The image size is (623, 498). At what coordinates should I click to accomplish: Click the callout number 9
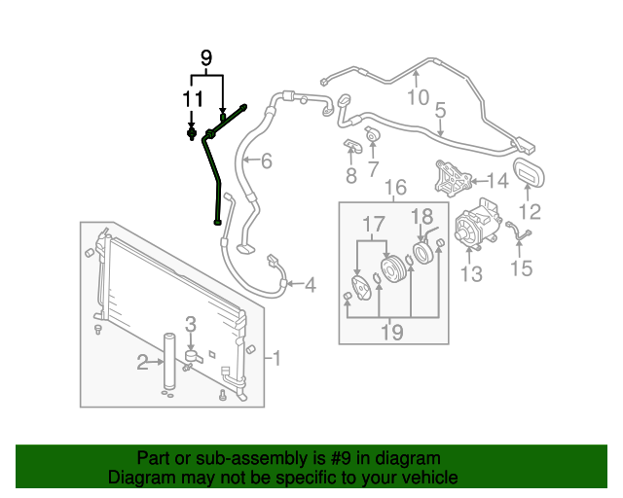click(205, 58)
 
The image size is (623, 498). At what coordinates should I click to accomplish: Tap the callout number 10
click(418, 96)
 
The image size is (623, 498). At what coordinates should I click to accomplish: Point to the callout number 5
click(440, 111)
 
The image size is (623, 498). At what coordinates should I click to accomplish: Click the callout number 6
click(266, 161)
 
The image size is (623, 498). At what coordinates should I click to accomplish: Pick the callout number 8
click(350, 176)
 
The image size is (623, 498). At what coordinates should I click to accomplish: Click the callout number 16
click(394, 188)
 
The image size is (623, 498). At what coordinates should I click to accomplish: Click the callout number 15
click(522, 267)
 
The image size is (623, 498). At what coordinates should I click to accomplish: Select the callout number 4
click(310, 285)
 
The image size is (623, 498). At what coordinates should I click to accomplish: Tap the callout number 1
click(276, 359)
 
